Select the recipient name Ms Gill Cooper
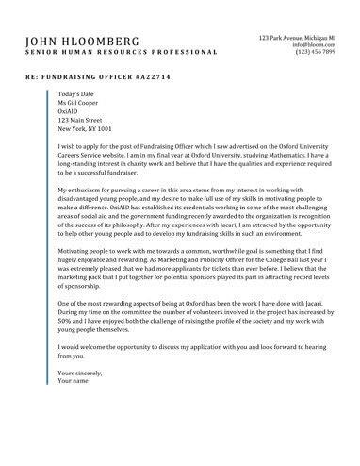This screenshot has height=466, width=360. point(82,104)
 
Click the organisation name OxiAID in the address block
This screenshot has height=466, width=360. point(69,112)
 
